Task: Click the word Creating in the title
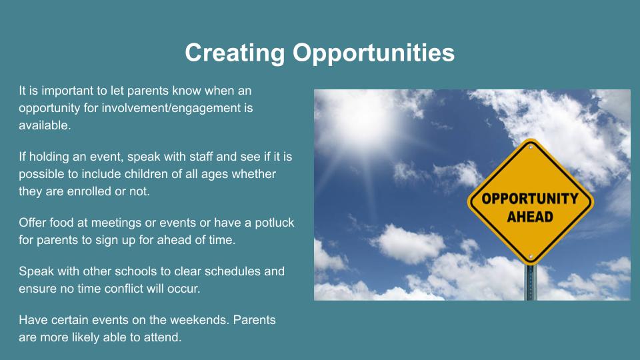235,53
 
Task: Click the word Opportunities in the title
373,53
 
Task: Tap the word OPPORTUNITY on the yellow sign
530,199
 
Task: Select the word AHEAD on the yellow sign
530,217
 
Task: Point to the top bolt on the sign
531,147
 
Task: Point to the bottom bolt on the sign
531,257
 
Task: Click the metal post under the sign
531,283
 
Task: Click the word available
44,125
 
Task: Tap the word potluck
274,223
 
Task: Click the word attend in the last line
163,337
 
